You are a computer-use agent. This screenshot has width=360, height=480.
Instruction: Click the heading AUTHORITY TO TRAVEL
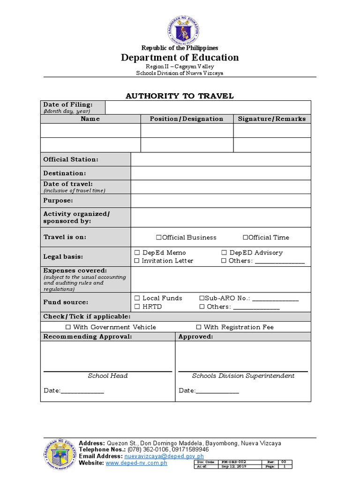point(180,96)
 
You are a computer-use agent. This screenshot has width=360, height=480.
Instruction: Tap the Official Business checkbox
point(159,237)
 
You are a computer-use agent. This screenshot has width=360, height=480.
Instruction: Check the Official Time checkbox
point(245,237)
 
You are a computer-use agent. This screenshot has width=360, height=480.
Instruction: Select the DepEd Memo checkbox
point(137,253)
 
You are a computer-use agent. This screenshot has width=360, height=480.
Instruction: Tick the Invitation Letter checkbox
point(137,261)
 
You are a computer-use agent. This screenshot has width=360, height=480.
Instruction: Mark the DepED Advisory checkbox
point(224,253)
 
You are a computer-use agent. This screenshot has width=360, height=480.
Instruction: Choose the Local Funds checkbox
point(137,298)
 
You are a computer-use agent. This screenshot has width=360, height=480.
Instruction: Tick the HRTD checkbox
point(137,307)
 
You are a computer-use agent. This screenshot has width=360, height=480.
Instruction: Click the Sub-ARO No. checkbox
point(202,298)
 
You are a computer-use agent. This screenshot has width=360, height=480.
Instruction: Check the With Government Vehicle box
point(68,327)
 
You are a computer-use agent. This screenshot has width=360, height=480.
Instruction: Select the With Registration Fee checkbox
point(199,327)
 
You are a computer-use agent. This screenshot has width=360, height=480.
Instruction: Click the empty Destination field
point(220,173)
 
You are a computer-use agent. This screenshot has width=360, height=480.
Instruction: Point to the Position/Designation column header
point(187,119)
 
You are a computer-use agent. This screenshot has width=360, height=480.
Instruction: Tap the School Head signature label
point(108,375)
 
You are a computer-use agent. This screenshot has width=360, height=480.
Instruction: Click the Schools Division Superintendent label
point(243,375)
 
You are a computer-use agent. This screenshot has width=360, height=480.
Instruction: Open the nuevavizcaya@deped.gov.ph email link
point(164,456)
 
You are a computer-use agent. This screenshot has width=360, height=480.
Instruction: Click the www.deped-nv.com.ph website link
point(136,463)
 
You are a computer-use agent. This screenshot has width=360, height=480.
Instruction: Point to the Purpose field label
point(58,201)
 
